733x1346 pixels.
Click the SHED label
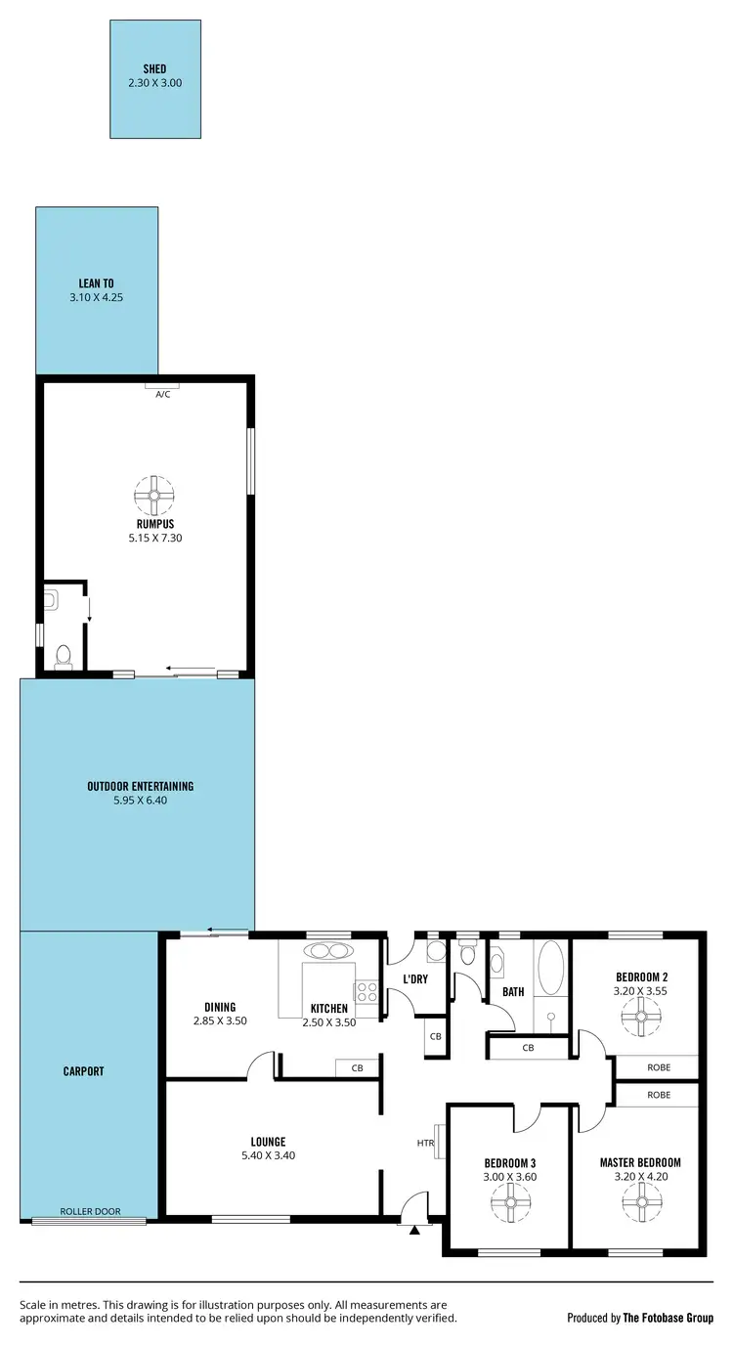coord(154,69)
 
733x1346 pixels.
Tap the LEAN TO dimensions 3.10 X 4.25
coord(96,296)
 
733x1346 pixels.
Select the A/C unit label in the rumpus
coord(162,394)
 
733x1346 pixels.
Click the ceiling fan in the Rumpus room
coord(154,495)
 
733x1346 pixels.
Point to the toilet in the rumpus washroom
coord(65,656)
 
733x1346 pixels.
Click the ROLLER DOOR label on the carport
coord(90,1211)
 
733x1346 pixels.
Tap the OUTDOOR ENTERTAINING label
coord(140,786)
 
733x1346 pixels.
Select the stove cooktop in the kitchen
coord(366,992)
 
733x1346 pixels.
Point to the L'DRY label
coord(415,978)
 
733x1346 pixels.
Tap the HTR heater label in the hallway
coord(425,1142)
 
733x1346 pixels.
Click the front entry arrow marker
coord(414,1229)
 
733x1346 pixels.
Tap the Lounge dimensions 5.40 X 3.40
coord(268,1154)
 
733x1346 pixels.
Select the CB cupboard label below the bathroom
coord(528,1049)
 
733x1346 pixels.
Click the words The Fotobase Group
coord(669,1318)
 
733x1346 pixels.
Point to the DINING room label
coord(220,1007)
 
